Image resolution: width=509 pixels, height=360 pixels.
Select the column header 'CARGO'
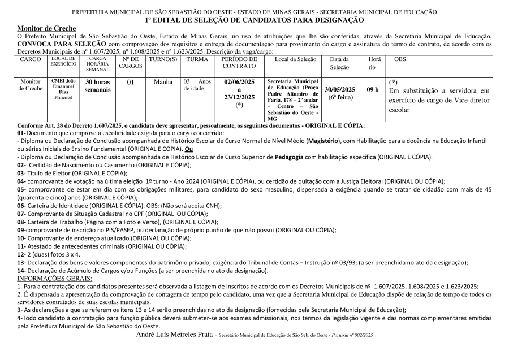[x=31, y=59]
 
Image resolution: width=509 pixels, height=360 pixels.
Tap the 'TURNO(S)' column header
[x=162, y=59]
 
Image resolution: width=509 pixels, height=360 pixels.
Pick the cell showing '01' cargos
[x=130, y=81]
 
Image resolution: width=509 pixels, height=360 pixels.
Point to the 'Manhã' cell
[x=163, y=81]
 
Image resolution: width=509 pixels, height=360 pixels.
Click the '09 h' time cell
[x=373, y=89]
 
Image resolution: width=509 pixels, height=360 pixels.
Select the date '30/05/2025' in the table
[x=340, y=89]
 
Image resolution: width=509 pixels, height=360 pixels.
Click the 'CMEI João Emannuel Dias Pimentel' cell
[x=63, y=89]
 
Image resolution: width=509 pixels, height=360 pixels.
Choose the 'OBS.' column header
[x=400, y=59]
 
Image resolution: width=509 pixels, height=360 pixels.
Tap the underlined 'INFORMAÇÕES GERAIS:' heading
[x=54, y=278]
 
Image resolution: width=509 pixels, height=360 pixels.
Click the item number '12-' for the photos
[x=21, y=254]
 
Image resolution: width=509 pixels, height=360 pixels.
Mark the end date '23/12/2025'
[x=239, y=97]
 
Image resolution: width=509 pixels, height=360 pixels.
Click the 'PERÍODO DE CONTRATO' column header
[x=239, y=62]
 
